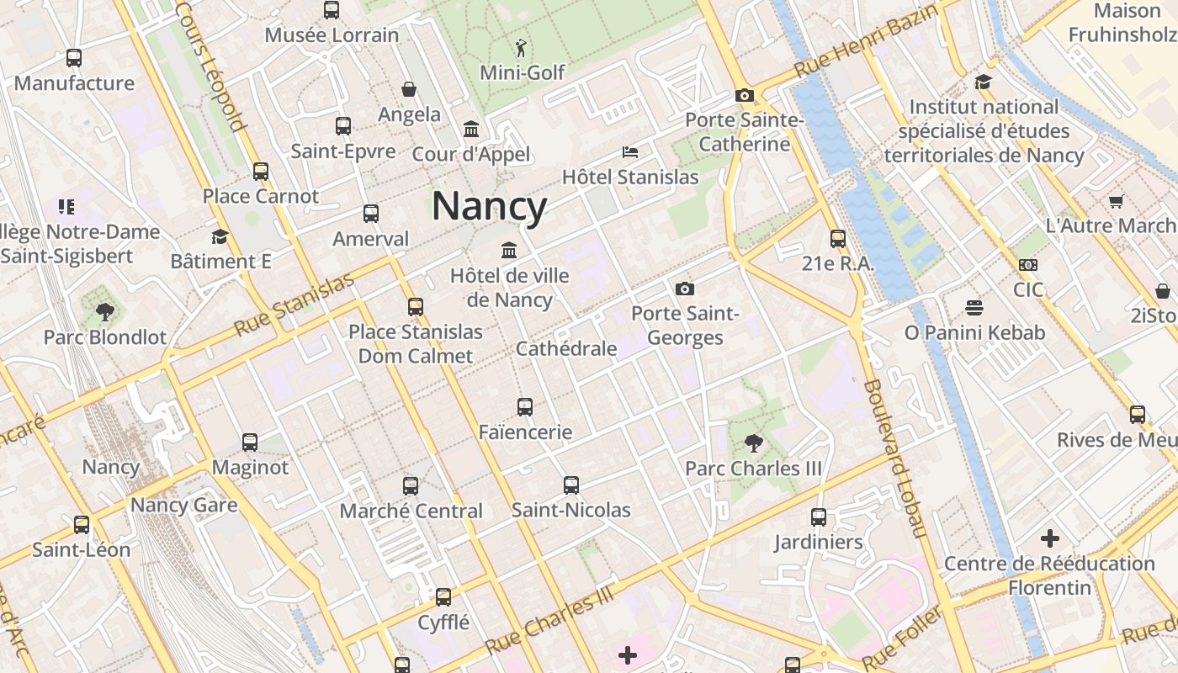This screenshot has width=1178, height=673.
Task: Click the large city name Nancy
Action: point(490,207)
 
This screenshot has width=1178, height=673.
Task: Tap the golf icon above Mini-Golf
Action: point(522,48)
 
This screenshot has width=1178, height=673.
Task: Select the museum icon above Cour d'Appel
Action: point(471,130)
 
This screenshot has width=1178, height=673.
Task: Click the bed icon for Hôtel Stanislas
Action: point(630,152)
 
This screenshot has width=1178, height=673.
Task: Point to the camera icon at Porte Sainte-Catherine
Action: point(744,95)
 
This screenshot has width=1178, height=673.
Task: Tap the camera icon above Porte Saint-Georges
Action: point(685,289)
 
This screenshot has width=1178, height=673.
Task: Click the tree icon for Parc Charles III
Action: point(753,443)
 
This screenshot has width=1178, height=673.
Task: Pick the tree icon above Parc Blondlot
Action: point(105,312)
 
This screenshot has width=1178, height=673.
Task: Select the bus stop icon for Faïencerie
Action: point(525,407)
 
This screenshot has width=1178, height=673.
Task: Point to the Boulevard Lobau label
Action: point(894,459)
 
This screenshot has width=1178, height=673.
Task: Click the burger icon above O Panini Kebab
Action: point(974,308)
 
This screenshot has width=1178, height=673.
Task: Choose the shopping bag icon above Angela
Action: point(409,89)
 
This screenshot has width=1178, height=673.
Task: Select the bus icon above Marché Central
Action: point(411,485)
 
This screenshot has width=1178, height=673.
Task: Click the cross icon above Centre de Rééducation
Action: point(1049,538)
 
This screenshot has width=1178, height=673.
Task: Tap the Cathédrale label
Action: point(566,348)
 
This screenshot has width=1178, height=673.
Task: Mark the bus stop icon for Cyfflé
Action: point(443,597)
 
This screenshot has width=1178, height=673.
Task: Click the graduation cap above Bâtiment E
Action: point(220,236)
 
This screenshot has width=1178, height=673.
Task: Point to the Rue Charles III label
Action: point(549,621)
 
